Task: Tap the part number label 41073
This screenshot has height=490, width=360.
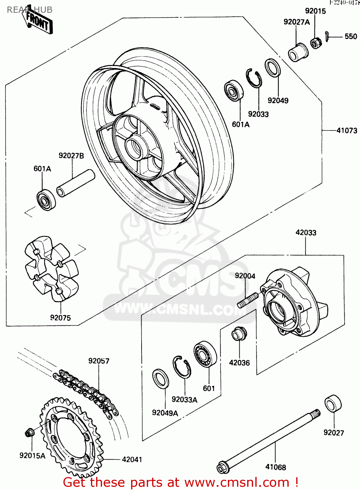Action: [347, 131]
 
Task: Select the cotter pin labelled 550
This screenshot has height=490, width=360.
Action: [327, 36]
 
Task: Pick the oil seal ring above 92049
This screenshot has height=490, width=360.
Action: [272, 68]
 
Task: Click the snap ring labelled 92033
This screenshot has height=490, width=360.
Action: [254, 78]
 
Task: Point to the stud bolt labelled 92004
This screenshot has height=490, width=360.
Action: [248, 300]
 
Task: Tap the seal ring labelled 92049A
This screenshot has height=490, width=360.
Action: [161, 379]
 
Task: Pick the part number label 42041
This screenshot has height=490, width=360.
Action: [132, 460]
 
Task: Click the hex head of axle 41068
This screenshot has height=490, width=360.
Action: [222, 467]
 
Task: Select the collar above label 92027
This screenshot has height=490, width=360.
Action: [333, 403]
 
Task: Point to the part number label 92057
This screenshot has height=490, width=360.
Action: [99, 361]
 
